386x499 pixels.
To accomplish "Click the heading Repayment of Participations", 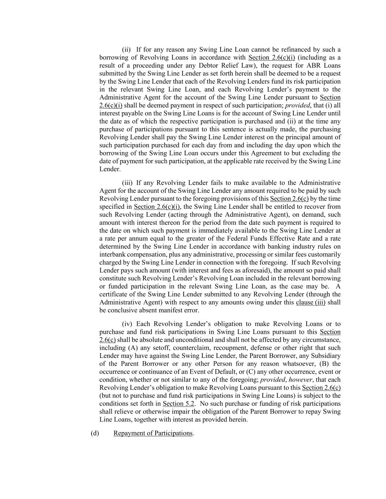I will [x=153, y=433].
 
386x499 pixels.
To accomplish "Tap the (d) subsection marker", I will [x=95, y=433].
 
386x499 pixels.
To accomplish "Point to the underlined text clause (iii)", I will [x=311, y=302].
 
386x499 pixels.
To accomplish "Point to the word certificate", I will [x=113, y=294].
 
